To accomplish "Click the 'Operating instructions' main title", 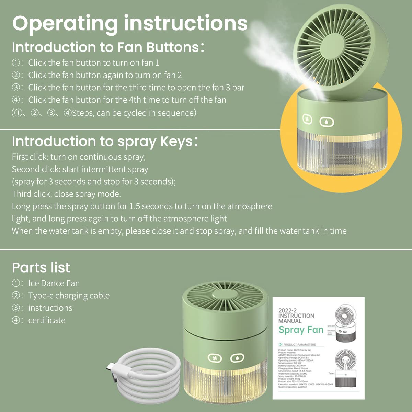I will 130,23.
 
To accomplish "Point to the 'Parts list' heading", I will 41,268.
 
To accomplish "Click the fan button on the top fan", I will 307,119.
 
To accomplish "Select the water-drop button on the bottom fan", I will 237,358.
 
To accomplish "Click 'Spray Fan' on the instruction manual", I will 301,330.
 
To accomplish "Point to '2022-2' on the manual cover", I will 287,311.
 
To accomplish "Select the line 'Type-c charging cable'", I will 69,296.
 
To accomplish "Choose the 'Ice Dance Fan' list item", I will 54,283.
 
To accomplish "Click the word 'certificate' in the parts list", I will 47,320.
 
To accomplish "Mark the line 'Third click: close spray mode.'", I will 66,194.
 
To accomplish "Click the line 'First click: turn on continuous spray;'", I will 79,157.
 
